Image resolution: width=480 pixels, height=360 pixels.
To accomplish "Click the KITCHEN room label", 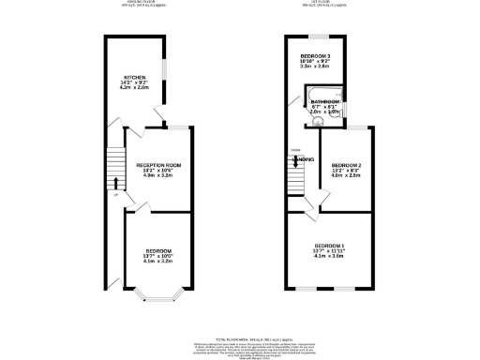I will pyautogui.click(x=136, y=77).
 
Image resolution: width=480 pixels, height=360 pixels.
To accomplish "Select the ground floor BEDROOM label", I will pyautogui.click(x=157, y=251).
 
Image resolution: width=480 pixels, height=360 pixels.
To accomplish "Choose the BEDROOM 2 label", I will pyautogui.click(x=348, y=165).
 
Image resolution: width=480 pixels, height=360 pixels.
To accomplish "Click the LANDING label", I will pyautogui.click(x=304, y=159).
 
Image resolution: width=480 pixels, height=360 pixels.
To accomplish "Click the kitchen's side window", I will pyautogui.click(x=167, y=71).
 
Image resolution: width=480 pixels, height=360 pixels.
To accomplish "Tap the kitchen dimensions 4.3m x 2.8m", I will pyautogui.click(x=136, y=89).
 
